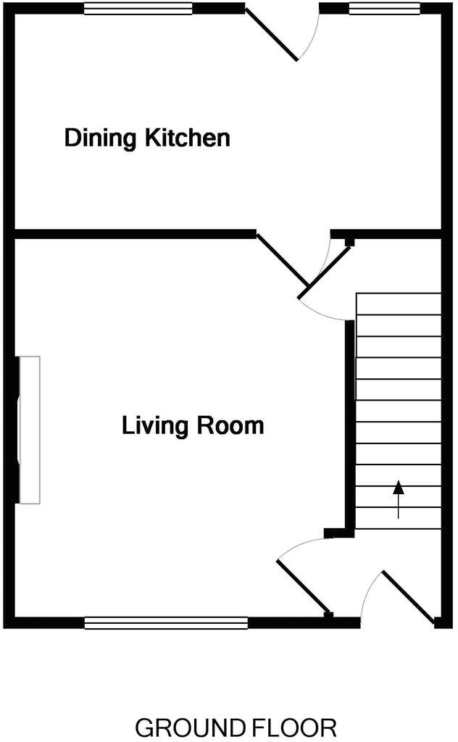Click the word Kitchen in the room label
(188, 138)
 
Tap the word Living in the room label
(152, 425)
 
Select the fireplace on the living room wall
(29, 430)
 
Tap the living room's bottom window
(166, 622)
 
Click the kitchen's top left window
(138, 9)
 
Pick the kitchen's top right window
(384, 9)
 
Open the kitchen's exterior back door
(272, 33)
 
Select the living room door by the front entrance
(304, 586)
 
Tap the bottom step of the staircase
(398, 518)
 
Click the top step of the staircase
(398, 304)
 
